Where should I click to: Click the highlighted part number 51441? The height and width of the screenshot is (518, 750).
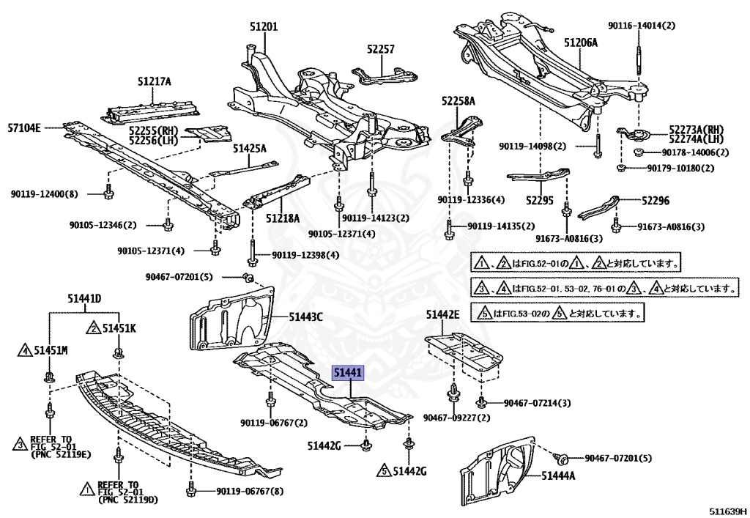pyautogui.click(x=349, y=373)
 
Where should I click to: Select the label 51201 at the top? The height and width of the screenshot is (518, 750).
pyautogui.click(x=264, y=27)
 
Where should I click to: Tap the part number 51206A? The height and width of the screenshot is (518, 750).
pyautogui.click(x=581, y=42)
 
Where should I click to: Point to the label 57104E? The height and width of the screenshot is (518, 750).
pyautogui.click(x=24, y=127)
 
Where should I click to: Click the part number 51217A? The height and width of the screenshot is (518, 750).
pyautogui.click(x=154, y=82)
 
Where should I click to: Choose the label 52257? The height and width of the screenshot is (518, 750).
pyautogui.click(x=381, y=49)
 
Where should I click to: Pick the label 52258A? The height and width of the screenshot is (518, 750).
pyautogui.click(x=458, y=101)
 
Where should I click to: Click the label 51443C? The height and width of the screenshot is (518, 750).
pyautogui.click(x=305, y=317)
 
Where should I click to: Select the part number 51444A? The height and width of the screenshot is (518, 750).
pyautogui.click(x=558, y=476)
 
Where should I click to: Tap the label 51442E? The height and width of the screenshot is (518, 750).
pyautogui.click(x=443, y=314)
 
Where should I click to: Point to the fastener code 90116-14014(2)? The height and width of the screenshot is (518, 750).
pyautogui.click(x=642, y=26)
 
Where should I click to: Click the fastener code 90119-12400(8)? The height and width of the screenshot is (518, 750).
pyautogui.click(x=44, y=194)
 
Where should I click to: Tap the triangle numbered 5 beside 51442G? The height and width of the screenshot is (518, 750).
pyautogui.click(x=384, y=470)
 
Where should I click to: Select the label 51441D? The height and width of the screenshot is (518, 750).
pyautogui.click(x=84, y=298)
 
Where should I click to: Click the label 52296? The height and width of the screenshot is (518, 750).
pyautogui.click(x=656, y=201)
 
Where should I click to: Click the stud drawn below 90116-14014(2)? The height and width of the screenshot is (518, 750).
pyautogui.click(x=639, y=58)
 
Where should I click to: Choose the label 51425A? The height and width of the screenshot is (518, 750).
pyautogui.click(x=250, y=149)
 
